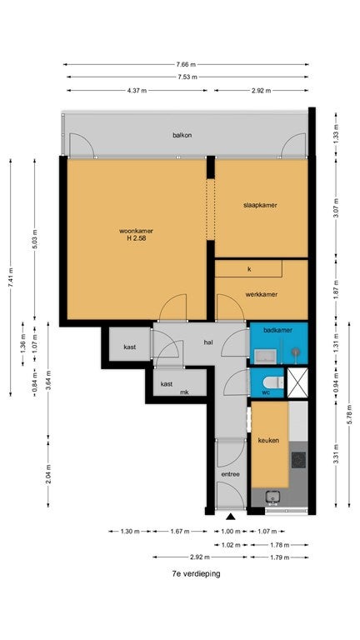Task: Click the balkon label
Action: point(182,135)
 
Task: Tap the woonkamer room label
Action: point(136,231)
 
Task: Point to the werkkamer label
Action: point(261,294)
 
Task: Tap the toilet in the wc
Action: point(272,382)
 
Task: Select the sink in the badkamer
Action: point(265,357)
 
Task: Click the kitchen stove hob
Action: point(298,460)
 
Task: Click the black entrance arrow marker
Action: point(231,517)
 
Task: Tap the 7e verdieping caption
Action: point(197,573)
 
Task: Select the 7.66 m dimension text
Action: point(186,64)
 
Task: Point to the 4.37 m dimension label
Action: point(137,91)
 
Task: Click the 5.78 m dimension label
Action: point(349,414)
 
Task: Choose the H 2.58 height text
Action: point(137,238)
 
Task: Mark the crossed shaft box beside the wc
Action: point(297,382)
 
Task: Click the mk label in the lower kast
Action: point(184,392)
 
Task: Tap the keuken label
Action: point(268,440)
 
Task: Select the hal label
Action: point(208,342)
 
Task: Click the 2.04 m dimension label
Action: point(48,474)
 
